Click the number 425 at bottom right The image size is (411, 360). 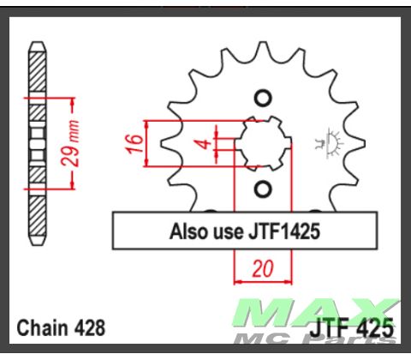tap(376, 327)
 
